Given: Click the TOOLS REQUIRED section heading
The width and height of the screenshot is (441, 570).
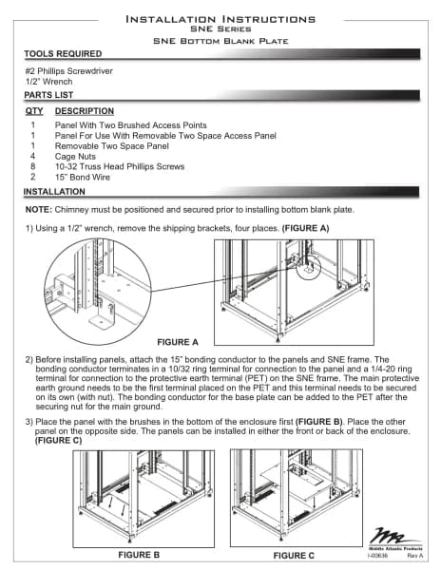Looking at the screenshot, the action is pos(63,54).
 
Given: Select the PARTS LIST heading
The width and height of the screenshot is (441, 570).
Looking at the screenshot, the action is pos(48,95).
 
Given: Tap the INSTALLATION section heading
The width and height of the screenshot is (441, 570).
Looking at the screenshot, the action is pos(54,192).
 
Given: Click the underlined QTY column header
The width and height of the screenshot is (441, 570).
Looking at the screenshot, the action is pos(34,111).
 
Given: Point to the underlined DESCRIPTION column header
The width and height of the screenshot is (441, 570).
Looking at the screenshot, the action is pos(85,111).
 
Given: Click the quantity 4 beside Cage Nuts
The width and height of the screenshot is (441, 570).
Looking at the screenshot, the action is pos(32,157).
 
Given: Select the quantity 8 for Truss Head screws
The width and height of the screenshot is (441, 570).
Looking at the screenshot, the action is pos(32,166).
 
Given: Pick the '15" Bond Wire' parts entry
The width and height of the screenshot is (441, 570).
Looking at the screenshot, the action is pos(83,177).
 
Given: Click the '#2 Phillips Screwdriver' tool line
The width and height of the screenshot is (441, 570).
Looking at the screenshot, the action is pos(69,71).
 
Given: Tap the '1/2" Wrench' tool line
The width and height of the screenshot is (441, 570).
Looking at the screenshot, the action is pos(48,82).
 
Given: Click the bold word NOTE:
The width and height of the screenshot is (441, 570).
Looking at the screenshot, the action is pos(39,210).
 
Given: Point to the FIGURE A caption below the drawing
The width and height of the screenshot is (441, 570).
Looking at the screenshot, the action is pos(178,342).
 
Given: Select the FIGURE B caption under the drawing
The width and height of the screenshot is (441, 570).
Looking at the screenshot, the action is pos(139,555).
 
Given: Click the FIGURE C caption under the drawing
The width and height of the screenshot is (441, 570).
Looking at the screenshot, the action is pos(294,556).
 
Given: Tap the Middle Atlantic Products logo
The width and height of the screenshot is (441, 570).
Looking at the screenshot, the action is pos(395,539).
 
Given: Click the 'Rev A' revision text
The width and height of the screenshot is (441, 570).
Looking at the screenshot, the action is pos(414,556).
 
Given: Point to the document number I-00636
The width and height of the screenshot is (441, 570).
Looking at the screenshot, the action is pos(377,556).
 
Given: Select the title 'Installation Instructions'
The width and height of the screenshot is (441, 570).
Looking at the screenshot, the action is pos(220,19).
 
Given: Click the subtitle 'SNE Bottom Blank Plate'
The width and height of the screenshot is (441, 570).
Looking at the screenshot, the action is pos(220,41).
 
